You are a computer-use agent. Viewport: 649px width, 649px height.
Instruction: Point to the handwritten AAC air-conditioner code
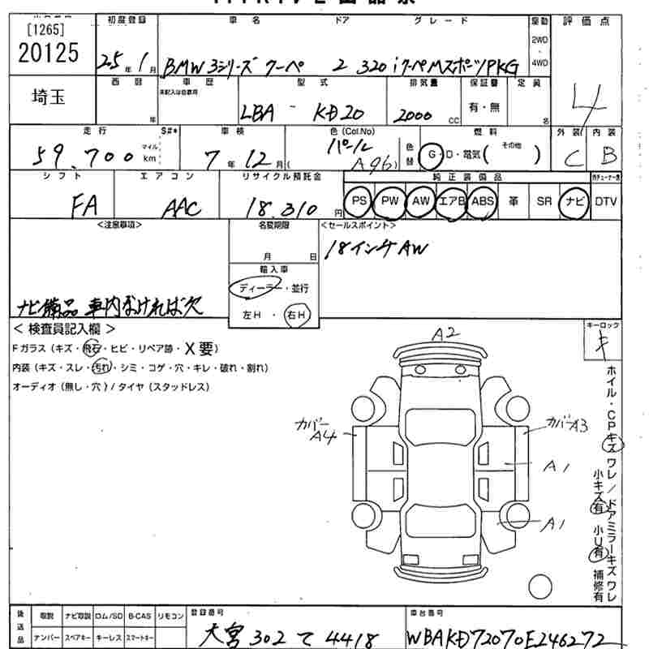(181, 208)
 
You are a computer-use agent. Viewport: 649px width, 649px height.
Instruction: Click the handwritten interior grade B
(608, 153)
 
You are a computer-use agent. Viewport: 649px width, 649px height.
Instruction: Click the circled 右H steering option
(296, 314)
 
